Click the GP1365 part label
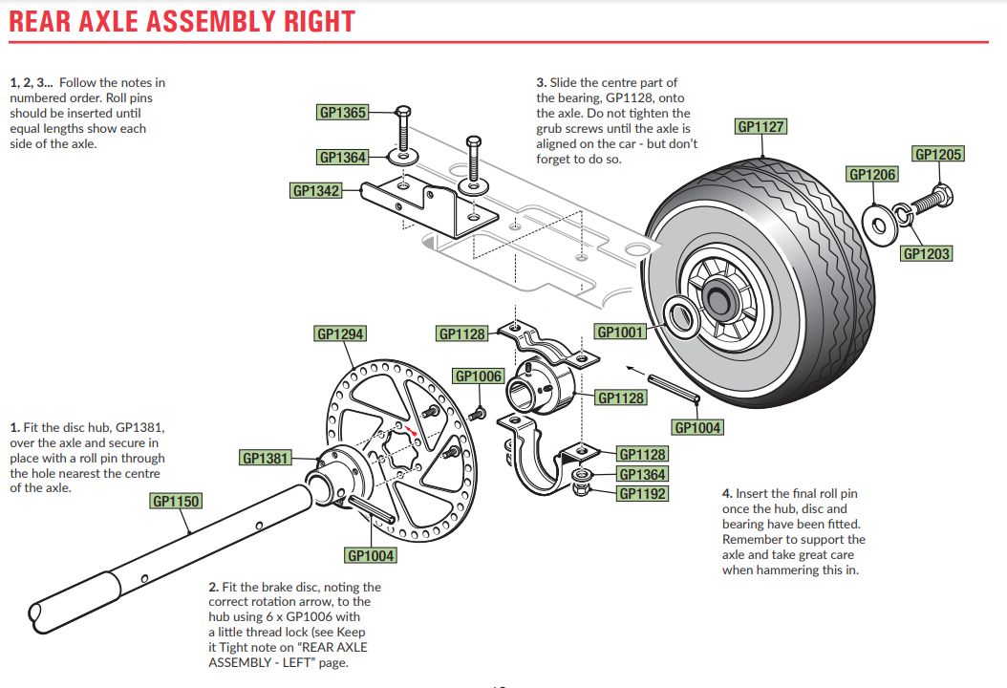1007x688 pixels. [342, 113]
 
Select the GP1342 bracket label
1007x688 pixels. [316, 191]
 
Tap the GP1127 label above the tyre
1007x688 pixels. [761, 127]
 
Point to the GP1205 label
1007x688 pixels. [938, 155]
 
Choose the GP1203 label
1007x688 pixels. [927, 253]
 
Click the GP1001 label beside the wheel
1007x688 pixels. [620, 332]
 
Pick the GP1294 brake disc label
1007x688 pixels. [340, 334]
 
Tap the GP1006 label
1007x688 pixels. [479, 376]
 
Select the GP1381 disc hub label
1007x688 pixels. [265, 459]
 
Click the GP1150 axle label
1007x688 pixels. [176, 501]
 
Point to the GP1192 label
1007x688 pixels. [643, 494]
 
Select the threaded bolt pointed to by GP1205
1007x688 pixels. [931, 201]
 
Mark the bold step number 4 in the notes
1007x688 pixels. [727, 494]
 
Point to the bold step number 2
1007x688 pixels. [213, 587]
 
